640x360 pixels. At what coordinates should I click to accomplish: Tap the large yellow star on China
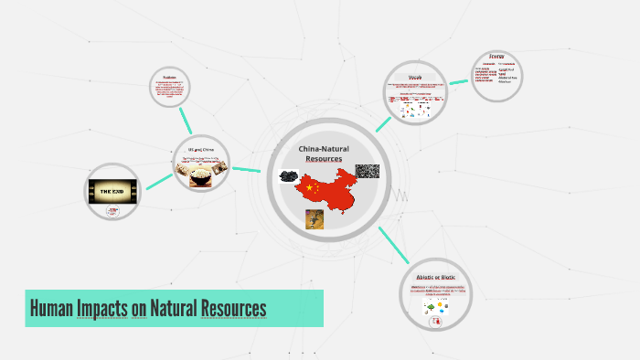click(x=309, y=189)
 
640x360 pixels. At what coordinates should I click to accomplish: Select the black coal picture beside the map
click(x=287, y=175)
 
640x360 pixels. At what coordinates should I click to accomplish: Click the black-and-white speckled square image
click(x=367, y=171)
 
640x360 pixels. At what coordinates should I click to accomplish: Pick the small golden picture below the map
click(x=315, y=219)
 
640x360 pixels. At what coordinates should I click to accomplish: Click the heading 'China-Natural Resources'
click(x=324, y=154)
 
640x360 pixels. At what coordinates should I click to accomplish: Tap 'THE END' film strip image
click(x=112, y=191)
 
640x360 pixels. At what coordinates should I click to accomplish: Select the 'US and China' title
click(x=201, y=150)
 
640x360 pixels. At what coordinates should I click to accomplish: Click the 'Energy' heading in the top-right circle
click(x=496, y=56)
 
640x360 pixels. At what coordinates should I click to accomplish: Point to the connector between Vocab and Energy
click(x=458, y=81)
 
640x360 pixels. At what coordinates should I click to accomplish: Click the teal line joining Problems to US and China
click(x=186, y=119)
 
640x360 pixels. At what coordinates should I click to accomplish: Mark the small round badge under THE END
click(x=112, y=211)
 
